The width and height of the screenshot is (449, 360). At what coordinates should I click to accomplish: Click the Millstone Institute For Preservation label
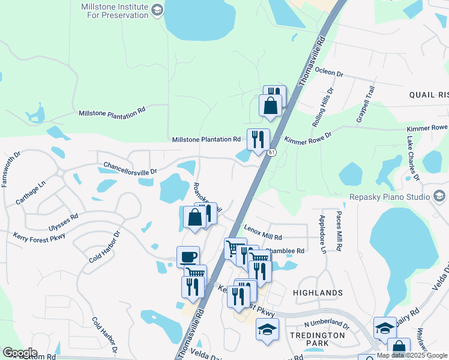click(x=113, y=10)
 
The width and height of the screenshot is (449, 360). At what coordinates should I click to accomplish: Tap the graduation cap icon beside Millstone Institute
click(x=157, y=10)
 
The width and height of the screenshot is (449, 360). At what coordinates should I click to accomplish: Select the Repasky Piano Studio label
click(x=388, y=197)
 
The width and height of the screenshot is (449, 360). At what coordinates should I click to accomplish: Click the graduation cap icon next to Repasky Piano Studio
click(x=439, y=196)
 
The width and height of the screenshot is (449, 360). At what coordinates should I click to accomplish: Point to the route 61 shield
click(x=272, y=153)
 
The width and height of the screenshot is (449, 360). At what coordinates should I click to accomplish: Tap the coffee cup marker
click(x=188, y=256)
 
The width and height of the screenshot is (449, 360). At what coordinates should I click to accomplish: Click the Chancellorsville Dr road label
click(x=130, y=167)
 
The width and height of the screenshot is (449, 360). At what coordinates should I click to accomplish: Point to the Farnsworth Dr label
click(x=12, y=169)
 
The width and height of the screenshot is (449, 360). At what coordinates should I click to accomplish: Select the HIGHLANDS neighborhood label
click(x=318, y=292)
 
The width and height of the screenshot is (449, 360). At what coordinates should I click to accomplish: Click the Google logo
click(x=20, y=353)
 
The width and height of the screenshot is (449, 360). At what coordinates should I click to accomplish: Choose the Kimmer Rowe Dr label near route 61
click(x=308, y=139)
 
